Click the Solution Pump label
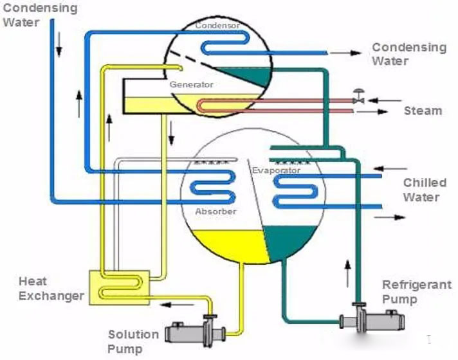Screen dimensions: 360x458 [133, 341]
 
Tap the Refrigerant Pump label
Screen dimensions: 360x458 [417, 292]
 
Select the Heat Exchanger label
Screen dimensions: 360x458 [51, 289]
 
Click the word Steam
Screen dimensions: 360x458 [423, 111]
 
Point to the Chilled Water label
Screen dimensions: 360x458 [425, 190]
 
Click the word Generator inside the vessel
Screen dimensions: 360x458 [191, 84]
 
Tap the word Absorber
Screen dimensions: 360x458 [215, 212]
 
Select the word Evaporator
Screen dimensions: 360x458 [276, 170]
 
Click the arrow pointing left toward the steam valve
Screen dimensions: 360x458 [387, 100]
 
